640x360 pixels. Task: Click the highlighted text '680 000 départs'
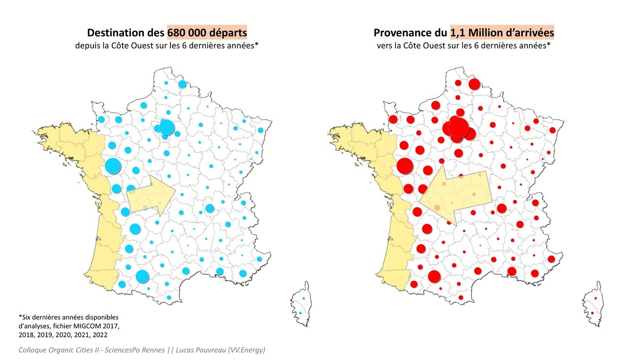[207, 33]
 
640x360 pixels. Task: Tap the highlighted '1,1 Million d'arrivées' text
[502, 33]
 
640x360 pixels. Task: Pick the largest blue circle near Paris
[167, 128]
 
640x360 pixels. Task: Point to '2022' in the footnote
[98, 334]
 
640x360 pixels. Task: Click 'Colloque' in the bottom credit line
[34, 350]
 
